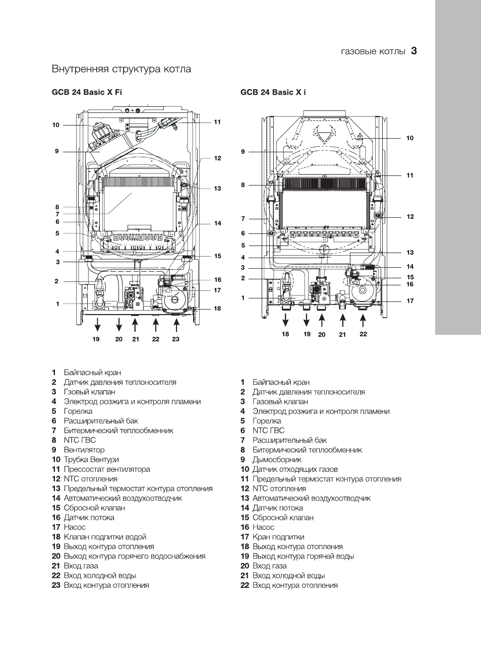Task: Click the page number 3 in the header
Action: (414, 51)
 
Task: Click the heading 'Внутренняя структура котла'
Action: (122, 69)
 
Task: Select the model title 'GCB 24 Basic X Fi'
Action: (87, 92)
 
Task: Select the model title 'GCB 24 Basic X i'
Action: (273, 92)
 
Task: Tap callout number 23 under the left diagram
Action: (175, 339)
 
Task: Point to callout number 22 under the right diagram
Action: (363, 334)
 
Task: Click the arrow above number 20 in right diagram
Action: (322, 320)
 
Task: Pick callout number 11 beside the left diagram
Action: (217, 122)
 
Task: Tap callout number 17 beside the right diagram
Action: (410, 301)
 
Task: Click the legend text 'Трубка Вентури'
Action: (91, 459)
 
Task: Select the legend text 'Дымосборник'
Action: (277, 459)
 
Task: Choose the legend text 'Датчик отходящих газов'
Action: (295, 469)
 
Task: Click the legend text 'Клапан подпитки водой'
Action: (105, 537)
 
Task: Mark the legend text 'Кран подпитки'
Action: (278, 537)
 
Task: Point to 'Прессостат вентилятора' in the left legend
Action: (107, 469)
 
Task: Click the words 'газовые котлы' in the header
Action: (373, 51)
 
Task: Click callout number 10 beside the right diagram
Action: (410, 138)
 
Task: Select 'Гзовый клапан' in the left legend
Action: (89, 392)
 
